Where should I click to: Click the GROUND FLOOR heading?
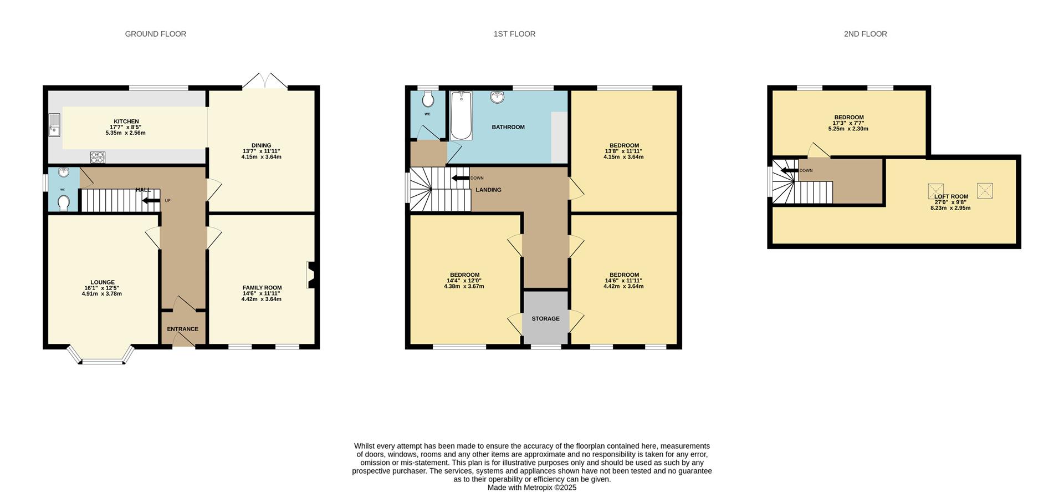click(155, 34)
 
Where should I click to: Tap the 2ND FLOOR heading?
click(865, 34)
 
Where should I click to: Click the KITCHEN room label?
click(126, 121)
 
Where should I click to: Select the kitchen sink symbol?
click(54, 124)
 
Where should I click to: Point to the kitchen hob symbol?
click(98, 158)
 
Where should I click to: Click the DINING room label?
click(261, 145)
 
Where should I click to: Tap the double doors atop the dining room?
click(265, 81)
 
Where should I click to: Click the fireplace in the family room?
click(311, 275)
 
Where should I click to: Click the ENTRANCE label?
click(182, 329)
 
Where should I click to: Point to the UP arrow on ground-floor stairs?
click(151, 200)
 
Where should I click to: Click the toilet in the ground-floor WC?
click(63, 203)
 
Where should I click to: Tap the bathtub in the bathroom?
click(461, 116)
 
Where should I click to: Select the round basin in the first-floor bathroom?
click(497, 98)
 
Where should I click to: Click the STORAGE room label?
click(545, 319)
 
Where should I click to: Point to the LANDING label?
click(488, 190)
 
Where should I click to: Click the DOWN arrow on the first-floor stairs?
click(460, 178)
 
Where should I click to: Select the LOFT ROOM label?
click(951, 196)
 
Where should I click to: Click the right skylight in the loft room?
click(985, 191)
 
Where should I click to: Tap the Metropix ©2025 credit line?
click(531, 488)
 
